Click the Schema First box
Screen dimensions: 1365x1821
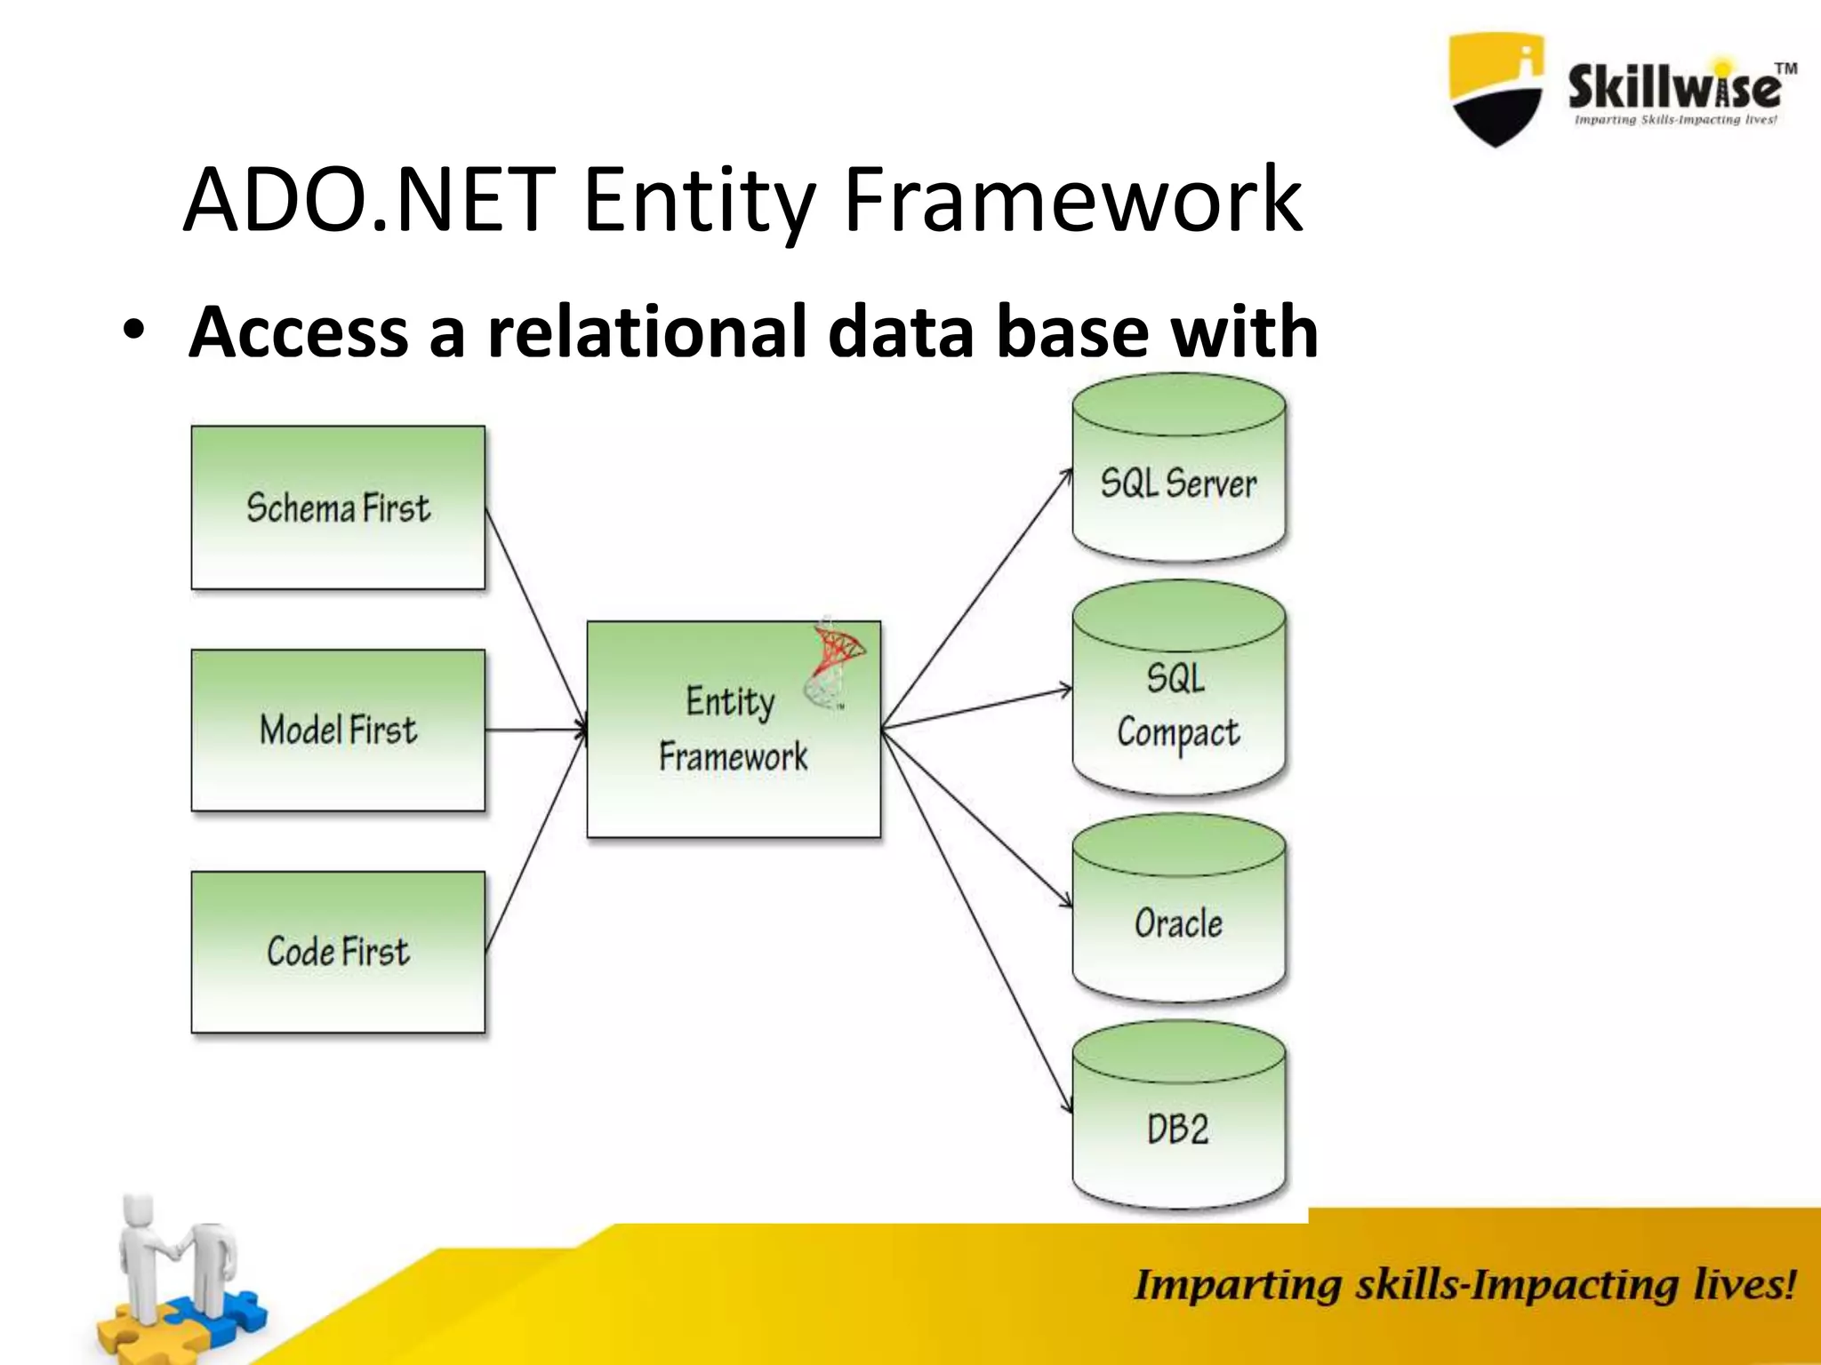[x=338, y=507]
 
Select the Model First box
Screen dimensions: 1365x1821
[x=338, y=730]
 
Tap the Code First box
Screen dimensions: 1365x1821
[x=338, y=952]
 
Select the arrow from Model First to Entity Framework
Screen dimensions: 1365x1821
[x=536, y=730]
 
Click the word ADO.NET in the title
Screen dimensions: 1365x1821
[x=369, y=201]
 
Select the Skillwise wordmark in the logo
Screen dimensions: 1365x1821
[x=1674, y=87]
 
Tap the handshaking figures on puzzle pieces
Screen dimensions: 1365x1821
[x=178, y=1280]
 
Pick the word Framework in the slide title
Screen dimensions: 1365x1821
[x=1071, y=201]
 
